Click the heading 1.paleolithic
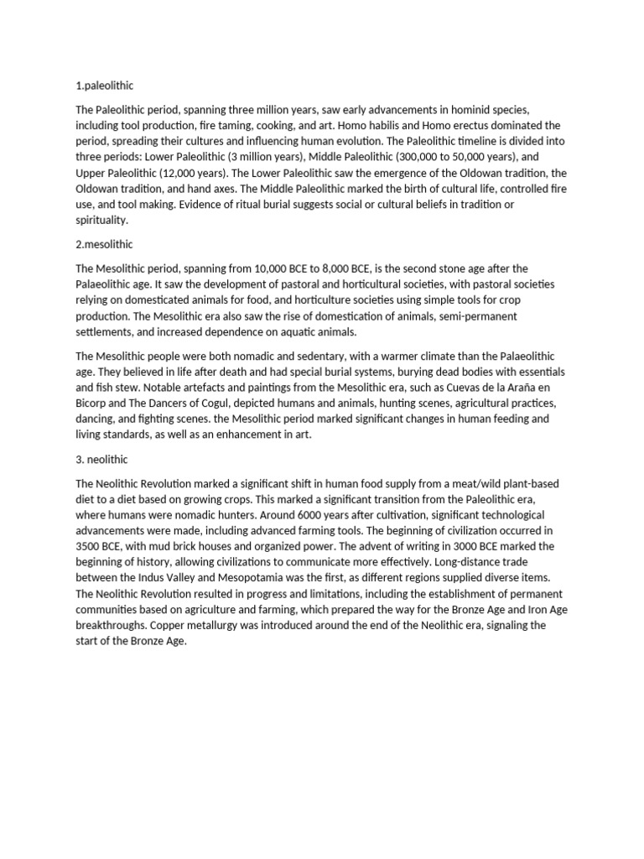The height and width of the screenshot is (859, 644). tap(104, 86)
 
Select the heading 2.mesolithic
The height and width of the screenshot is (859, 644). tap(105, 244)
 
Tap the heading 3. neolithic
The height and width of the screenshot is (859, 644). tap(105, 461)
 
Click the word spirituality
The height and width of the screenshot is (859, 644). tap(101, 220)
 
